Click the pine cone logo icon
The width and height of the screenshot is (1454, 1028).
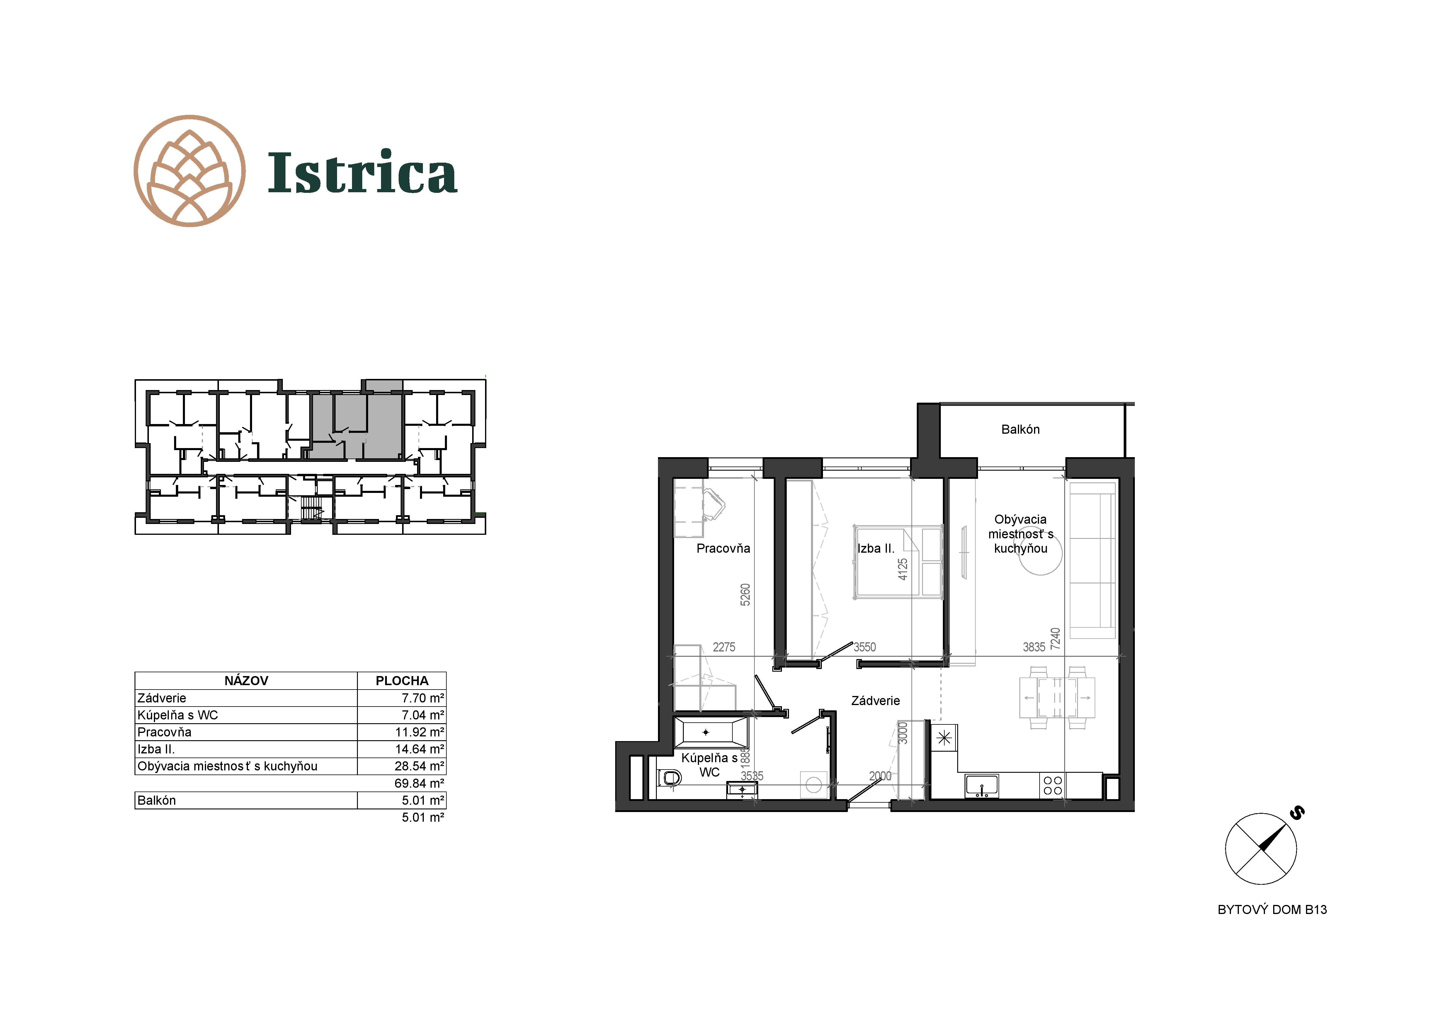tap(189, 171)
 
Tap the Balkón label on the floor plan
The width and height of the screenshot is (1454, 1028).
tap(1020, 429)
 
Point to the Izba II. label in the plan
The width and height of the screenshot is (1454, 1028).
tap(876, 548)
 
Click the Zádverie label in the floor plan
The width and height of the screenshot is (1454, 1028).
tap(875, 701)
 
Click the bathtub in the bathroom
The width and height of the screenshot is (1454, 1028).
tap(710, 732)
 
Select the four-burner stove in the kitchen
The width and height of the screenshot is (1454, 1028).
tap(1052, 786)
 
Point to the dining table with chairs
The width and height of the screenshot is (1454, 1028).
tap(1057, 697)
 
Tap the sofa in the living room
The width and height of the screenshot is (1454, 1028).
tap(1092, 560)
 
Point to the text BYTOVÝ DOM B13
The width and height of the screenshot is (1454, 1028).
tap(1272, 910)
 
